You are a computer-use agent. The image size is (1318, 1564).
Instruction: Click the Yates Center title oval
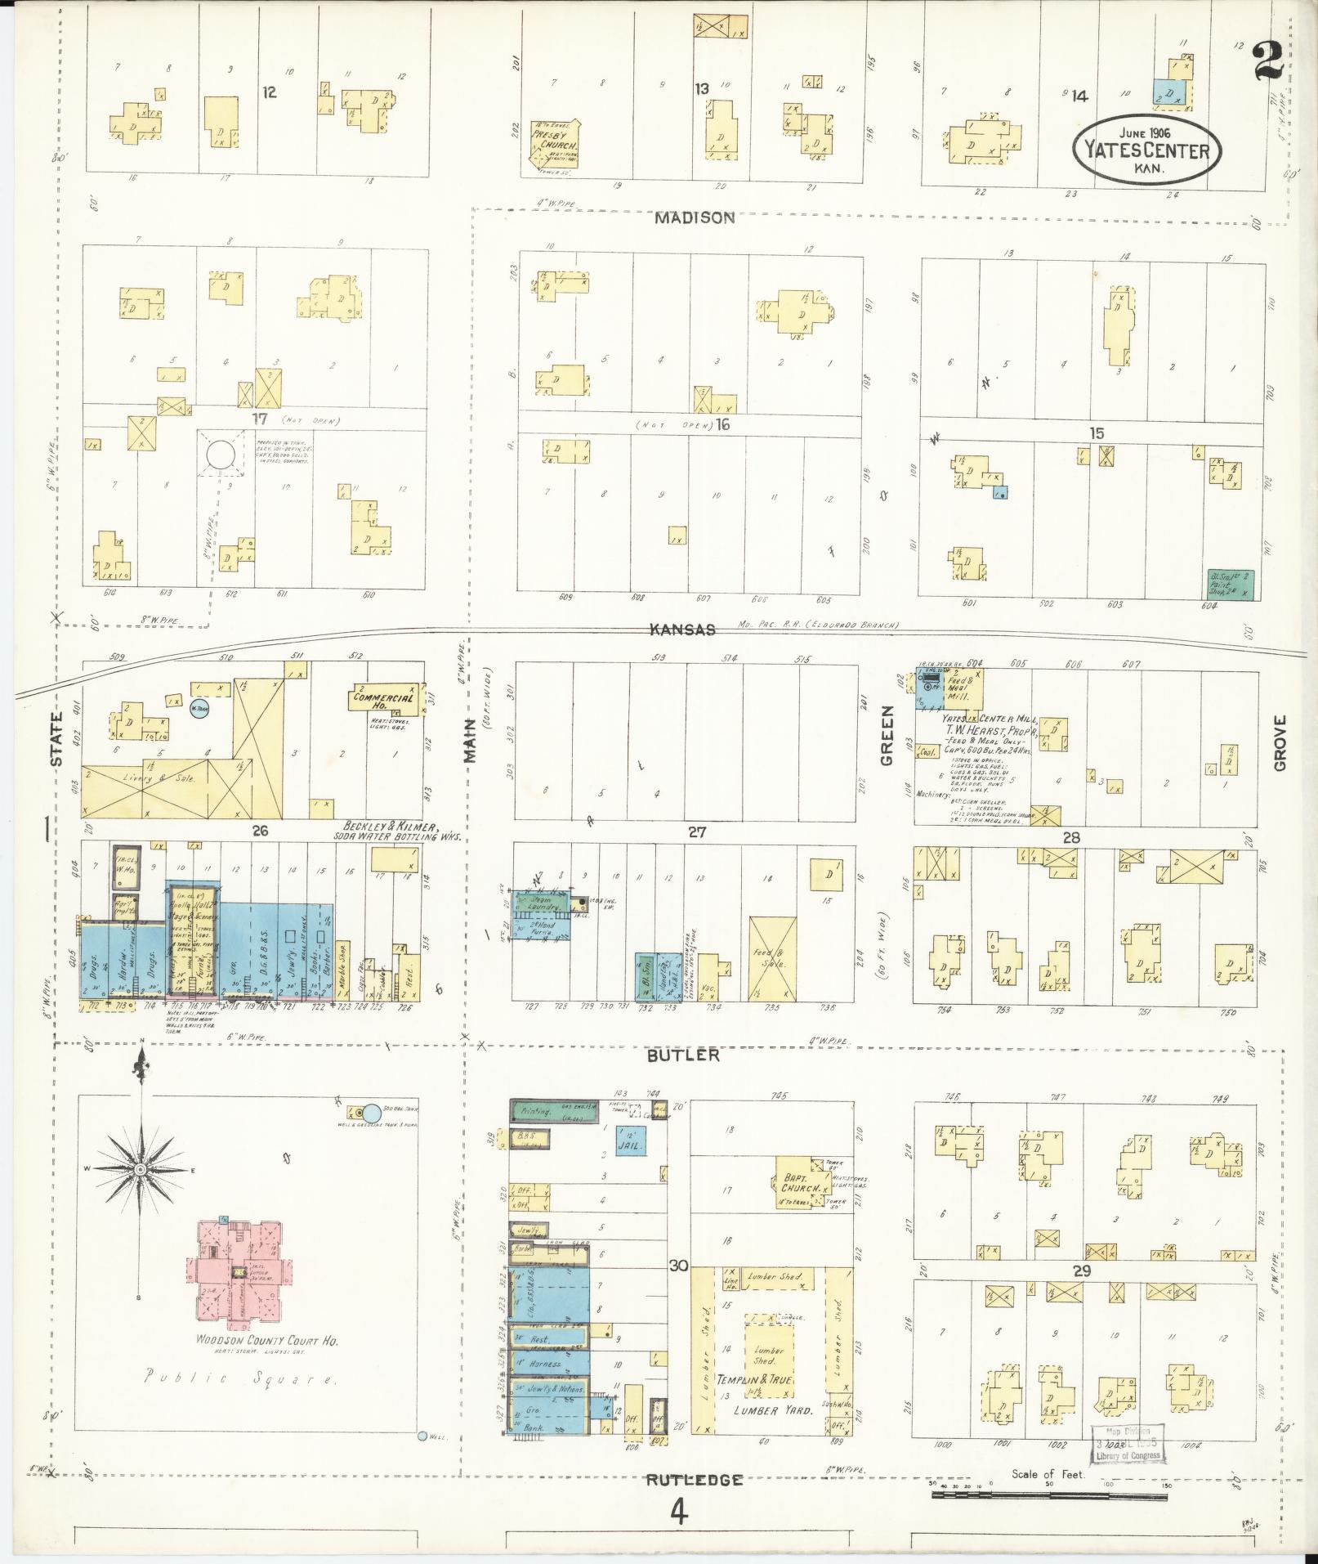click(x=1147, y=150)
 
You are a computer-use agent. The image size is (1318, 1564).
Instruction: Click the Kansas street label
click(x=683, y=630)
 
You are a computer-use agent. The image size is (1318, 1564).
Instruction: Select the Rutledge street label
click(x=695, y=1480)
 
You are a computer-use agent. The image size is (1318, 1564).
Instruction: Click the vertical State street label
click(x=56, y=739)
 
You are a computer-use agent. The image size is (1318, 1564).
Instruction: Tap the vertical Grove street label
click(x=1279, y=742)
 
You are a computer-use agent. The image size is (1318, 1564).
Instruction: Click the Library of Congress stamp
click(x=1128, y=1444)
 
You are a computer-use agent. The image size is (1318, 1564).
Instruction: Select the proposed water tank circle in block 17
click(x=220, y=457)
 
